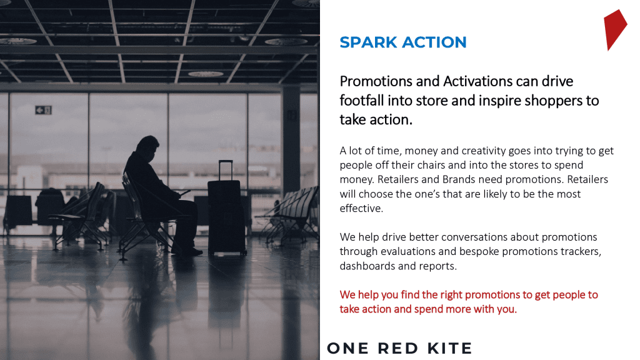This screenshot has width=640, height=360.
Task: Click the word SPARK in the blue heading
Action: click(368, 42)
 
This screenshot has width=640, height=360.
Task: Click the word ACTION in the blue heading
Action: click(434, 42)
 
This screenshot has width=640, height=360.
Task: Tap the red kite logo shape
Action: click(615, 29)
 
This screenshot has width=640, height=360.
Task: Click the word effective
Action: click(361, 209)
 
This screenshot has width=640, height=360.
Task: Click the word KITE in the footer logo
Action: click(449, 349)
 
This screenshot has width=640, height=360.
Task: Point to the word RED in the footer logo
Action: click(397, 349)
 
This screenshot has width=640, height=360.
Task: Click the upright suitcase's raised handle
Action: click(226, 169)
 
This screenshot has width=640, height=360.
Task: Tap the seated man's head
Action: click(147, 148)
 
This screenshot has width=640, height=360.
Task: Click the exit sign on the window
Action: click(43, 110)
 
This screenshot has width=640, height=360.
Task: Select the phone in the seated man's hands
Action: click(184, 192)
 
